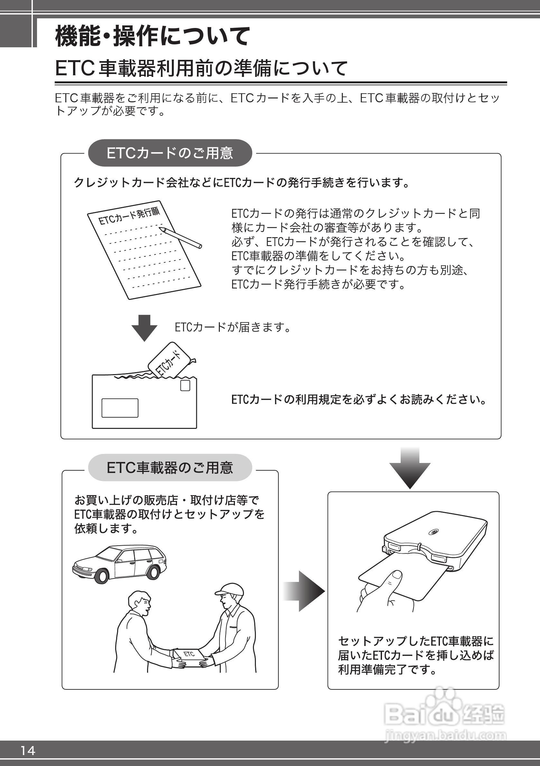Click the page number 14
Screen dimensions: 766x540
[28, 750]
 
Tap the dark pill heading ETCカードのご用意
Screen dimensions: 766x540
[170, 153]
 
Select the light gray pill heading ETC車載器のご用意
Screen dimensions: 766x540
[170, 468]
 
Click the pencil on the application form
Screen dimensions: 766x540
[180, 237]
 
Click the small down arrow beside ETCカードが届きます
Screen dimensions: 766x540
[144, 327]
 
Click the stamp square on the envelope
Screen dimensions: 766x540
[185, 385]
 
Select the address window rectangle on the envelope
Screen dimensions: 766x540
[120, 408]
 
